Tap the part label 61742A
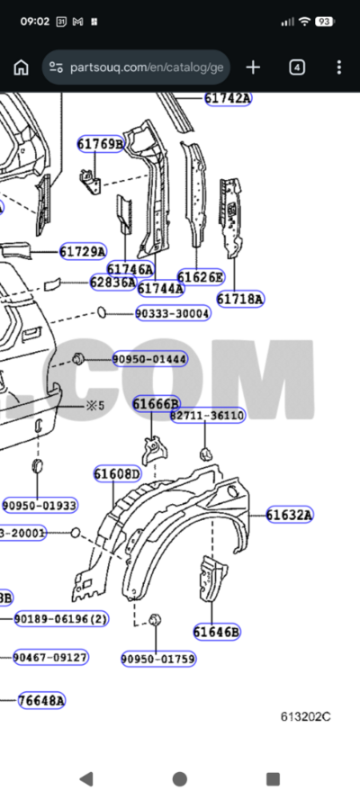pos(228,98)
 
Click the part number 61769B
pos(100,144)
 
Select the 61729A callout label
pos(83,252)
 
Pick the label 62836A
pos(112,283)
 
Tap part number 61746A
pos(130,269)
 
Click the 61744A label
pos(161,288)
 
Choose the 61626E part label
pos(200,277)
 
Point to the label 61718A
pos(240,299)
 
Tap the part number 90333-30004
pos(173,313)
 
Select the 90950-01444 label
pos(149,359)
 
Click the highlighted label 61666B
pos(157,404)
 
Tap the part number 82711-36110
pos(207,415)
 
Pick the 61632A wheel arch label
pos(289,515)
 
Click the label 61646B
pos(217,632)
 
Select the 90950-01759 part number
pos(158,659)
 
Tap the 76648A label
pos(41,700)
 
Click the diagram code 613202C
pos(304,716)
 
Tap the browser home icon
pos(22,67)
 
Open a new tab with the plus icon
pos(253,67)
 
